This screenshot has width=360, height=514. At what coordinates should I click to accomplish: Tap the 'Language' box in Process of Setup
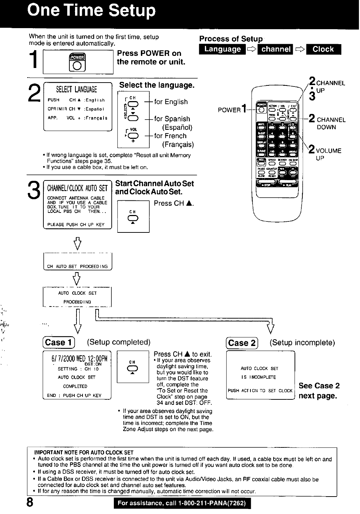tap(223, 49)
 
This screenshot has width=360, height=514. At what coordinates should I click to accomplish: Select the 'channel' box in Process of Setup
tap(275, 49)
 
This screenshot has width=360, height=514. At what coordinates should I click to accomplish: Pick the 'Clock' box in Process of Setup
tap(323, 49)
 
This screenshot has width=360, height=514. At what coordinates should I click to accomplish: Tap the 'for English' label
tap(171, 102)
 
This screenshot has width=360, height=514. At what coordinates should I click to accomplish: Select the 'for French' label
tap(170, 136)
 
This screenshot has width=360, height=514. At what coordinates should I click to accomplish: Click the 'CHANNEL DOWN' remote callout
tap(330, 123)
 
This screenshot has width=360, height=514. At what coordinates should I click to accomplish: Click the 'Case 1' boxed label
tap(58, 342)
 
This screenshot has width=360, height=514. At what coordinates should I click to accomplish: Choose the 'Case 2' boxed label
tap(242, 343)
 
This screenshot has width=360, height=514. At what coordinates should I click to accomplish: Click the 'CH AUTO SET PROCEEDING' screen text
tap(77, 266)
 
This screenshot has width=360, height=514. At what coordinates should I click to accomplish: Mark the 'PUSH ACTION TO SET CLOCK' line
tap(260, 390)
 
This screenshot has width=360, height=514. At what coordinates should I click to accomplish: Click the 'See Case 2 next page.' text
tap(319, 391)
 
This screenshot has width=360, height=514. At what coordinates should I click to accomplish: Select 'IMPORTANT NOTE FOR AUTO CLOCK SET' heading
tap(84, 453)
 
